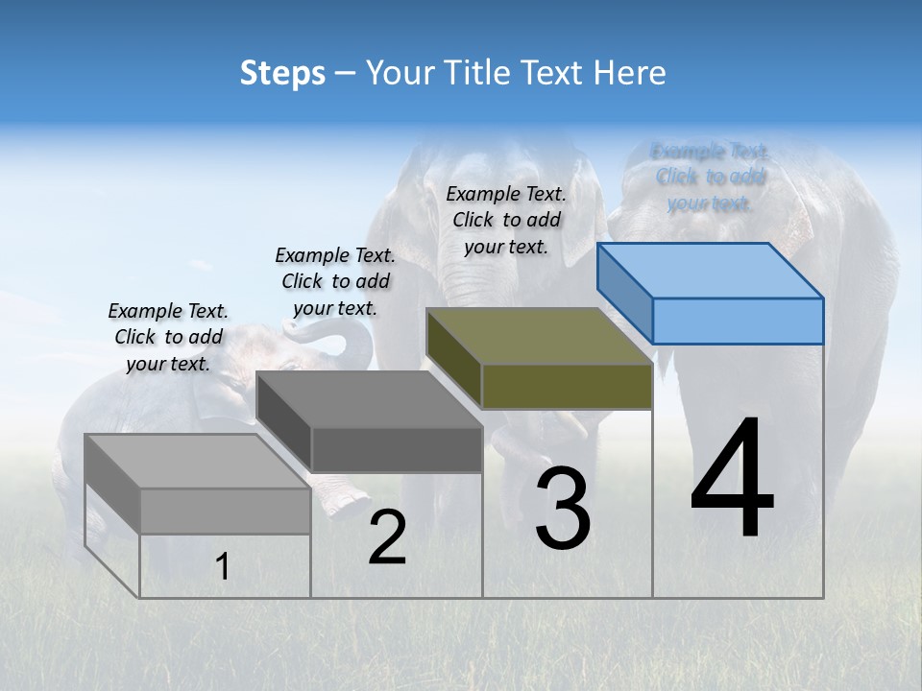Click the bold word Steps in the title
282,73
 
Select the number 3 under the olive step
562,509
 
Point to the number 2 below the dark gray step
387,537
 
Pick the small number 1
222,567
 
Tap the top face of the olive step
540,337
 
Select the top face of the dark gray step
370,399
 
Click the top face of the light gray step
198,462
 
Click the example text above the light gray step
168,337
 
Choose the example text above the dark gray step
335,281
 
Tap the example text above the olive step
506,220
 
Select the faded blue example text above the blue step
710,177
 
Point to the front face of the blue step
738,321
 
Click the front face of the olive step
567,386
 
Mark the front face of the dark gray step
397,449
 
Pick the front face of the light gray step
225,511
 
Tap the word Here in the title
631,73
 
